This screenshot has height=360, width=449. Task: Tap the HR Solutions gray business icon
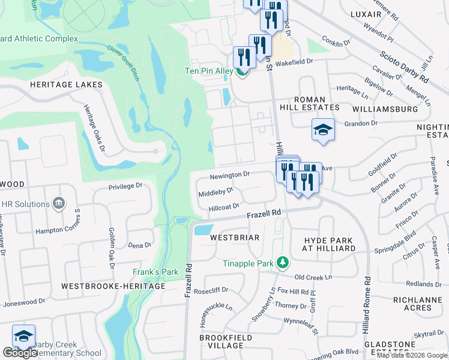(59, 203)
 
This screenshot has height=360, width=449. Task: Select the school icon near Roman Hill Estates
(322, 130)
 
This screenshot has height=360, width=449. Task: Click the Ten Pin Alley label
(208, 71)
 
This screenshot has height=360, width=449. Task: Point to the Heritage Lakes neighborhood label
(66, 85)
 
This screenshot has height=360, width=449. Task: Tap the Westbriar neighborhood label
(235, 238)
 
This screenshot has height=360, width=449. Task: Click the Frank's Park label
(155, 272)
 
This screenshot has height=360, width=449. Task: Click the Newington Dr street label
(229, 175)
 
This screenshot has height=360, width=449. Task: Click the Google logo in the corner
(20, 353)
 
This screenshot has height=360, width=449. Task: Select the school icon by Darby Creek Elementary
(23, 336)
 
